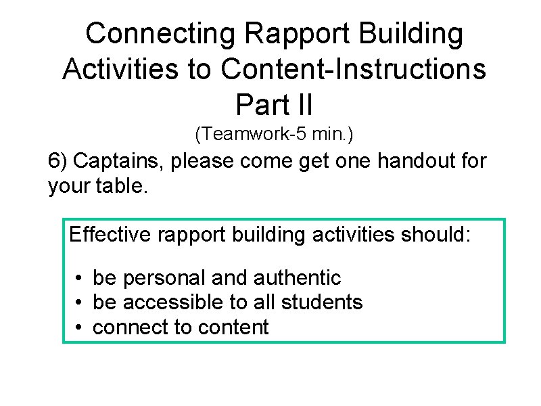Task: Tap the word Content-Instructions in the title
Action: (x=353, y=69)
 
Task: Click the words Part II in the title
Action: (x=274, y=104)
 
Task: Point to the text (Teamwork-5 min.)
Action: (x=274, y=135)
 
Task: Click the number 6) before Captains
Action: (x=58, y=162)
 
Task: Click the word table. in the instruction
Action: (x=126, y=185)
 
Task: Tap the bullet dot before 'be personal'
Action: (x=79, y=278)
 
